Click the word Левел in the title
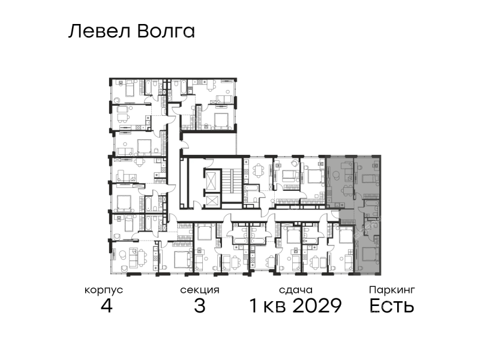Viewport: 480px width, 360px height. pyautogui.click(x=100, y=32)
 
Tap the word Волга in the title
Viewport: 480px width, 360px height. pyautogui.click(x=166, y=32)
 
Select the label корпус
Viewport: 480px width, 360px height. pyautogui.click(x=104, y=290)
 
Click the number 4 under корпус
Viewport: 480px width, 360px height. pyautogui.click(x=107, y=305)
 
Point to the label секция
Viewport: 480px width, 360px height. pyautogui.click(x=200, y=290)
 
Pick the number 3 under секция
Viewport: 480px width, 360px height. pyautogui.click(x=200, y=305)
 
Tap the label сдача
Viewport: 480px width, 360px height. pyautogui.click(x=296, y=290)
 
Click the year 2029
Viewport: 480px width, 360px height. pyautogui.click(x=317, y=305)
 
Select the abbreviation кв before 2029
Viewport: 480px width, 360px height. pyautogui.click(x=277, y=307)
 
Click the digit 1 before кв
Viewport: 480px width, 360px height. pyautogui.click(x=254, y=305)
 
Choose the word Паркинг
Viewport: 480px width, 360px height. pyautogui.click(x=392, y=290)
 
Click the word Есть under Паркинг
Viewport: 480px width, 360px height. pyautogui.click(x=392, y=305)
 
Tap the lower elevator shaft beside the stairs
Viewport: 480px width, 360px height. pyautogui.click(x=212, y=201)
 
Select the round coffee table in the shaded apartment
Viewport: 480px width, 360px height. pyautogui.click(x=336, y=175)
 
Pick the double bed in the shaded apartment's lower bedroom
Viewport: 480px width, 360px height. pyautogui.click(x=370, y=254)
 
